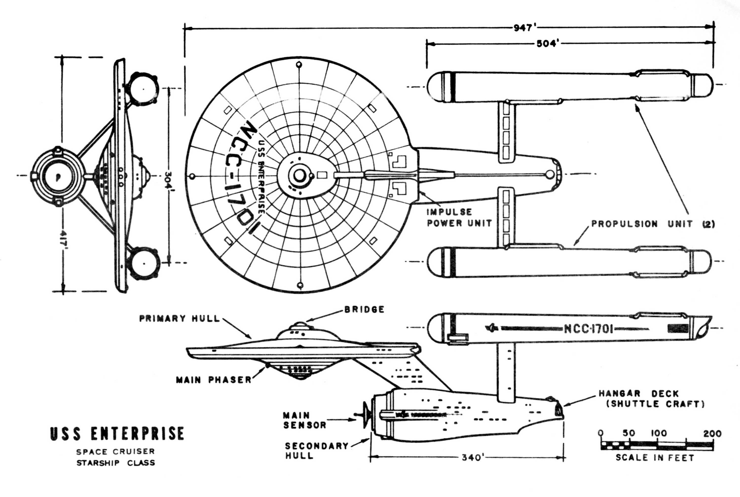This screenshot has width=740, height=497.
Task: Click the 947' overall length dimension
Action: tap(524, 28)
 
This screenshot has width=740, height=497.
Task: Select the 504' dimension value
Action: tap(547, 44)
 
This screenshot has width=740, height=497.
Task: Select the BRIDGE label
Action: tap(364, 309)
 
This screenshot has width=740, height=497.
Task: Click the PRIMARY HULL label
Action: tap(180, 318)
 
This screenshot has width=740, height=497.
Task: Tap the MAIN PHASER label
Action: tap(214, 380)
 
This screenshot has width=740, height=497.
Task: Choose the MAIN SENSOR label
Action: tap(304, 420)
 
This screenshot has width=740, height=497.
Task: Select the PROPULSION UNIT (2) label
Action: tap(653, 224)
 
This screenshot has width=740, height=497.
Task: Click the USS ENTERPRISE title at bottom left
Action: tap(117, 434)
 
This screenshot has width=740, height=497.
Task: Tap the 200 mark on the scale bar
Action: tap(712, 434)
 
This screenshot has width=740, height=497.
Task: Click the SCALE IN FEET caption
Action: tap(655, 458)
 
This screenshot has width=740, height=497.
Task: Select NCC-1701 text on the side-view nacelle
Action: tap(588, 329)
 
